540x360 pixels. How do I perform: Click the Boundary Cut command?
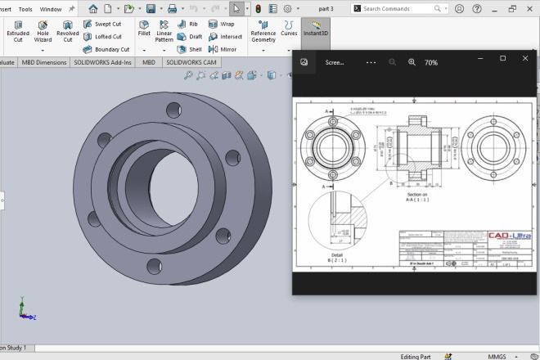point(106,49)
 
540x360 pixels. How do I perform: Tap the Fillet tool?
point(144,29)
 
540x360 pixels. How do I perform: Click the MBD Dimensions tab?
point(43,62)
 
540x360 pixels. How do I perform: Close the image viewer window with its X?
point(524,58)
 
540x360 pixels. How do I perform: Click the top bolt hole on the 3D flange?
point(173,109)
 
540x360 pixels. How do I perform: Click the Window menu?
point(50,9)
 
